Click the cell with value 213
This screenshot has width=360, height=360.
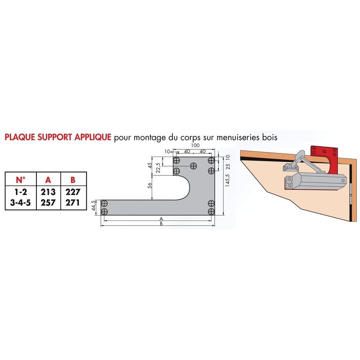(48, 192)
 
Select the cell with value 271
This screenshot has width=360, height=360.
(72, 202)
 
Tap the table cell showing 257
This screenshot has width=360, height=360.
(48, 202)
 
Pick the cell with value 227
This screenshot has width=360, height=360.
(73, 192)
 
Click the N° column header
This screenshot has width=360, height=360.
(21, 180)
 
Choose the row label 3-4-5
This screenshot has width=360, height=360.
(20, 202)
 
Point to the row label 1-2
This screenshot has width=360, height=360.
(21, 192)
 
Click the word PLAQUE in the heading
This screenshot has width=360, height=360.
(20, 137)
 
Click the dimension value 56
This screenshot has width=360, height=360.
(150, 185)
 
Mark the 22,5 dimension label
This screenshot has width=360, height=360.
(158, 168)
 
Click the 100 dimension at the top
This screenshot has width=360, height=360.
(195, 145)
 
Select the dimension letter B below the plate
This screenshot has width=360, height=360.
(161, 224)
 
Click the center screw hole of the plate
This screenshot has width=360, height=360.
(193, 166)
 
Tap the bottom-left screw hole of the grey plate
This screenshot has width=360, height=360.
(104, 211)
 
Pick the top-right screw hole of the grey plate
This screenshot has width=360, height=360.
(211, 160)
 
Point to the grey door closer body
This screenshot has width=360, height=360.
(315, 181)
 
